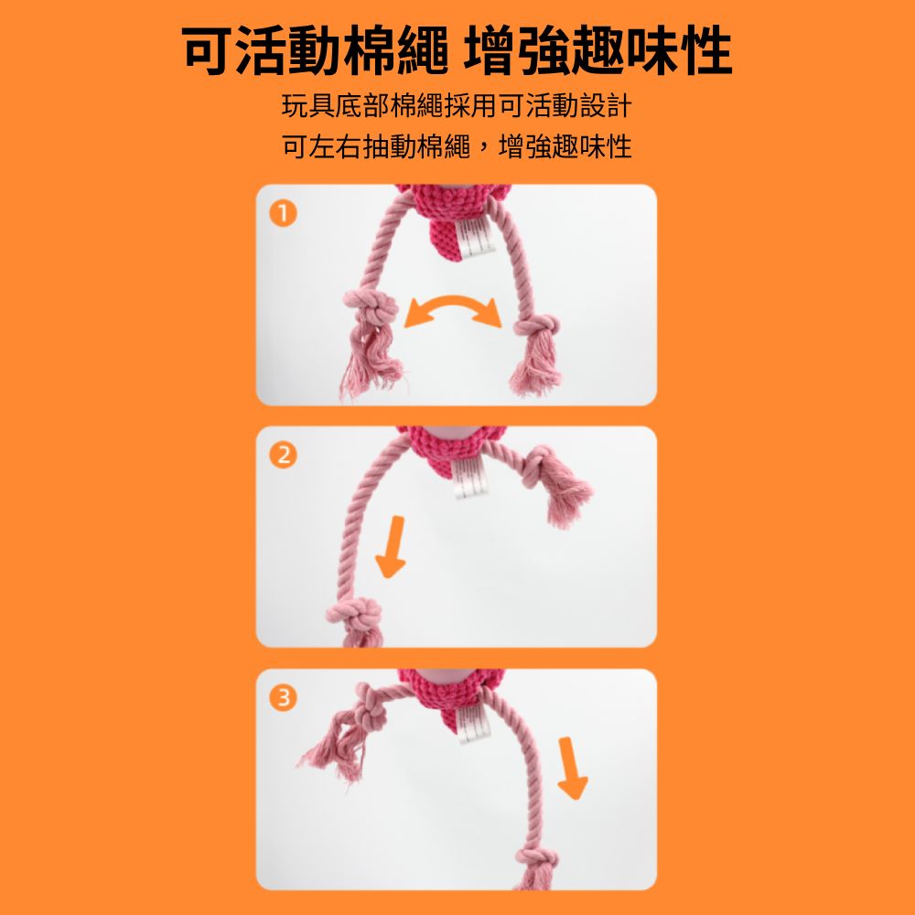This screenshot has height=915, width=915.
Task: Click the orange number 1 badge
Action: pos(284,213)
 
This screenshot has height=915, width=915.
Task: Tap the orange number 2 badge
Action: pos(284,455)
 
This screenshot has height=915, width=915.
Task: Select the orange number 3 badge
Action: pos(284,698)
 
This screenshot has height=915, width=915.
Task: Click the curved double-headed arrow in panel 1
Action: pos(453,301)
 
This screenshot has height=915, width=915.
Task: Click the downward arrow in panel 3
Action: pos(571,768)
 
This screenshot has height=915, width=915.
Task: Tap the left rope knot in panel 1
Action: pos(371,307)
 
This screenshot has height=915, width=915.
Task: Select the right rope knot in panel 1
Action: pos(535,327)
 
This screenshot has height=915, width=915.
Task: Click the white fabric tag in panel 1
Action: pos(476,238)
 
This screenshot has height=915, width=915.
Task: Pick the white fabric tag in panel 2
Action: pos(470,479)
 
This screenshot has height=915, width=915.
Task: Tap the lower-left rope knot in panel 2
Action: pos(354,615)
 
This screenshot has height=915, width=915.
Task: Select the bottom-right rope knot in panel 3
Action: pos(536,859)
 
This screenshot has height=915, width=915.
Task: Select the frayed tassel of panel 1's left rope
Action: pos(370,361)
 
